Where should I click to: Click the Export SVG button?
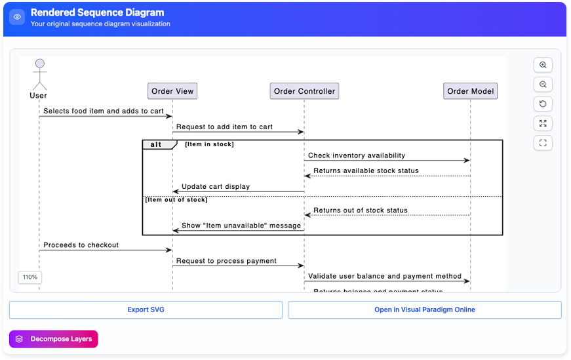coord(146,310)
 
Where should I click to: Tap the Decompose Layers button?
coord(54,339)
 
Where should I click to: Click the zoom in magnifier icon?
coord(543,65)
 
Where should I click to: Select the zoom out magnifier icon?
coord(543,85)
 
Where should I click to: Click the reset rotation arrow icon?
coord(543,104)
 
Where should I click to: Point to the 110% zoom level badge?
coord(30,277)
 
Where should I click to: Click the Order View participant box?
coord(172,91)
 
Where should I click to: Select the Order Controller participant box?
coord(304,91)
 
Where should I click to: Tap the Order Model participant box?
coord(470,91)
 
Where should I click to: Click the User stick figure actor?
coord(39,75)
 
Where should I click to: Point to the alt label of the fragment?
coord(157,144)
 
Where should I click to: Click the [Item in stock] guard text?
coord(209,144)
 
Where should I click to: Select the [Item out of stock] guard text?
coord(176,199)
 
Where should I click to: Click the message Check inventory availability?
coord(357,155)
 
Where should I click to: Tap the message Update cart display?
coord(216,186)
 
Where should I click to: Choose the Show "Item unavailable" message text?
coord(241,226)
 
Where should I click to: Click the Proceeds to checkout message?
coord(81,245)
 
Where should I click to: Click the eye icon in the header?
coord(17,17)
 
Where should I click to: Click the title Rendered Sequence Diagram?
coord(97,12)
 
